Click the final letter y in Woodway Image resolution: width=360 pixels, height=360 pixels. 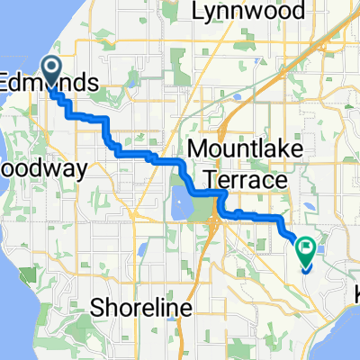click(57, 171)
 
